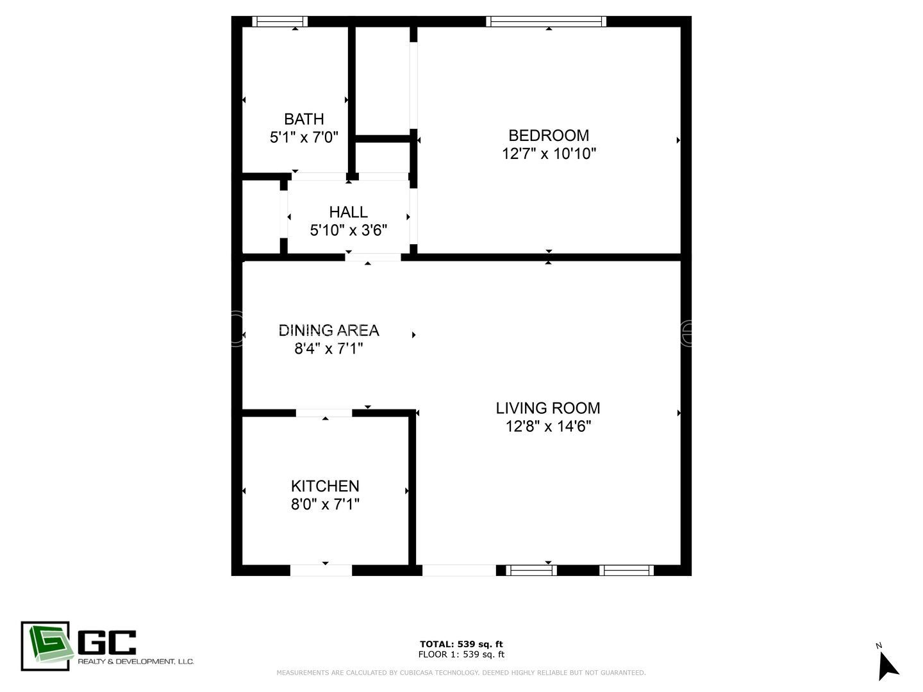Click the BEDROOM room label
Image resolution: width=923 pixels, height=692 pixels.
point(548,135)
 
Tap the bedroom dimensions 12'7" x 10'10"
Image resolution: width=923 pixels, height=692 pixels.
point(549,154)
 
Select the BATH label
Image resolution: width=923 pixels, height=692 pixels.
point(304,119)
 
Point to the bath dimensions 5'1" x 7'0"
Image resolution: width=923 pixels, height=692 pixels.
point(304,137)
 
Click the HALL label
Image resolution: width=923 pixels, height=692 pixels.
point(348,212)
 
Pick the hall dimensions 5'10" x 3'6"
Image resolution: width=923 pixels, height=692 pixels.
point(348,230)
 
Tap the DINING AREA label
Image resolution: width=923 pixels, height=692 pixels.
point(329,330)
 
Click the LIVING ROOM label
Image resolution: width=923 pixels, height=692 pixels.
point(548,408)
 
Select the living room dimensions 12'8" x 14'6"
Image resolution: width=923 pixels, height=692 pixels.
point(548,426)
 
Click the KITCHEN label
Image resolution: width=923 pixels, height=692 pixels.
point(325,486)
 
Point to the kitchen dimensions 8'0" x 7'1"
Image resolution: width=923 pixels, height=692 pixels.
point(325,504)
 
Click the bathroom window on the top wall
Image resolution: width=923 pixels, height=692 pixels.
point(279,21)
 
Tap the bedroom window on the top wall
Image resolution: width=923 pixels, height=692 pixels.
point(546,21)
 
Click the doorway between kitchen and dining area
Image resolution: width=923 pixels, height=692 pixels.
point(324,413)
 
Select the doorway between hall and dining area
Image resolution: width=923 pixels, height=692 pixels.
point(373,257)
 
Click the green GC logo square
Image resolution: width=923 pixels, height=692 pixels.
point(45,646)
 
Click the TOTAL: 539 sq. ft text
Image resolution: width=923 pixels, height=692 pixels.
point(461,644)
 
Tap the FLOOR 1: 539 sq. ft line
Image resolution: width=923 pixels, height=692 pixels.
point(461,654)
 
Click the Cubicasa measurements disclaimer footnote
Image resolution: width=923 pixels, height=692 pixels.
point(461,673)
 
